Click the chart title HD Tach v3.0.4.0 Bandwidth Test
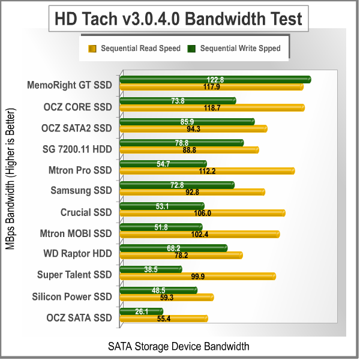(178, 19)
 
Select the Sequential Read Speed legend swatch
(92, 48)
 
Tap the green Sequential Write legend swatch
(192, 48)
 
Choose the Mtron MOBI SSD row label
(76, 233)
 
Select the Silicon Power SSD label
(72, 296)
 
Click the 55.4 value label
(164, 319)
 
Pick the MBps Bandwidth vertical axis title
(11, 180)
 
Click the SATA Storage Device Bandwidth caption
(178, 347)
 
